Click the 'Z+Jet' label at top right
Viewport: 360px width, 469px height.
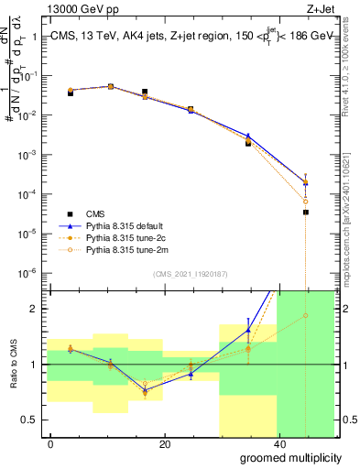(319, 8)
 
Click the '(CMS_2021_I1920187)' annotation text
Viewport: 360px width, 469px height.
(190, 272)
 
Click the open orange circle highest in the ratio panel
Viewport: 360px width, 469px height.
(306, 316)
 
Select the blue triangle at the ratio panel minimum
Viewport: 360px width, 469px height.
(145, 390)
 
